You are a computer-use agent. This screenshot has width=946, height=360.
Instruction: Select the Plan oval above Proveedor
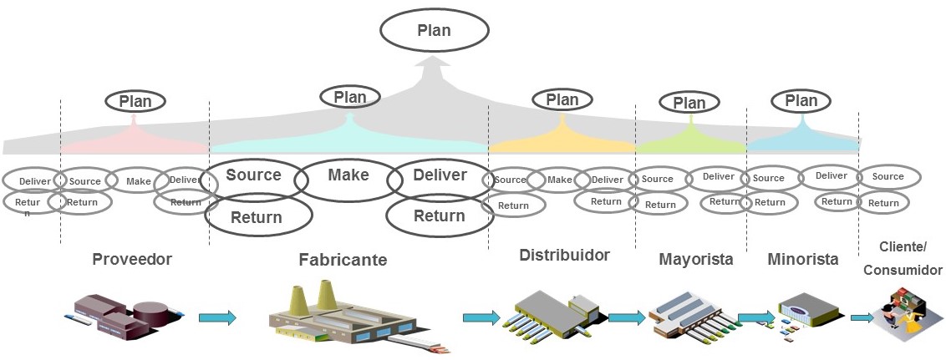coord(135,101)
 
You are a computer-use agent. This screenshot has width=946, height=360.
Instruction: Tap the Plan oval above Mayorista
coord(689,103)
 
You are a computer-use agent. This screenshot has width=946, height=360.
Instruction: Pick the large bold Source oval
coord(253,175)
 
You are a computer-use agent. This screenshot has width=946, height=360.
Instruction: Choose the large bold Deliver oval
coord(440,175)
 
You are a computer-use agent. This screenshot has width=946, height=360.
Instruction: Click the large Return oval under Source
coord(257,218)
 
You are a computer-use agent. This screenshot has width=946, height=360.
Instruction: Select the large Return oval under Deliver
coord(440,216)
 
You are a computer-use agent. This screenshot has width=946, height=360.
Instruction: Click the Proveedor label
coord(132,259)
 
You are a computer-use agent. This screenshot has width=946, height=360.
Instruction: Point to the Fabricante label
coord(343,260)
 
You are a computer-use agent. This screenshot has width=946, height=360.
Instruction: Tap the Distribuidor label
coord(564,255)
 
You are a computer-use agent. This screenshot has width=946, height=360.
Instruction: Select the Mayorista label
coord(695,259)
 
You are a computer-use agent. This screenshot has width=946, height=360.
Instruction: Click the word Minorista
coord(802,259)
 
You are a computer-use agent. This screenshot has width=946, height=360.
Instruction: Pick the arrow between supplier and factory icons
coord(217,317)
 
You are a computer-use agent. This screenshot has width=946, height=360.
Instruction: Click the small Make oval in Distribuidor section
coord(559,180)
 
